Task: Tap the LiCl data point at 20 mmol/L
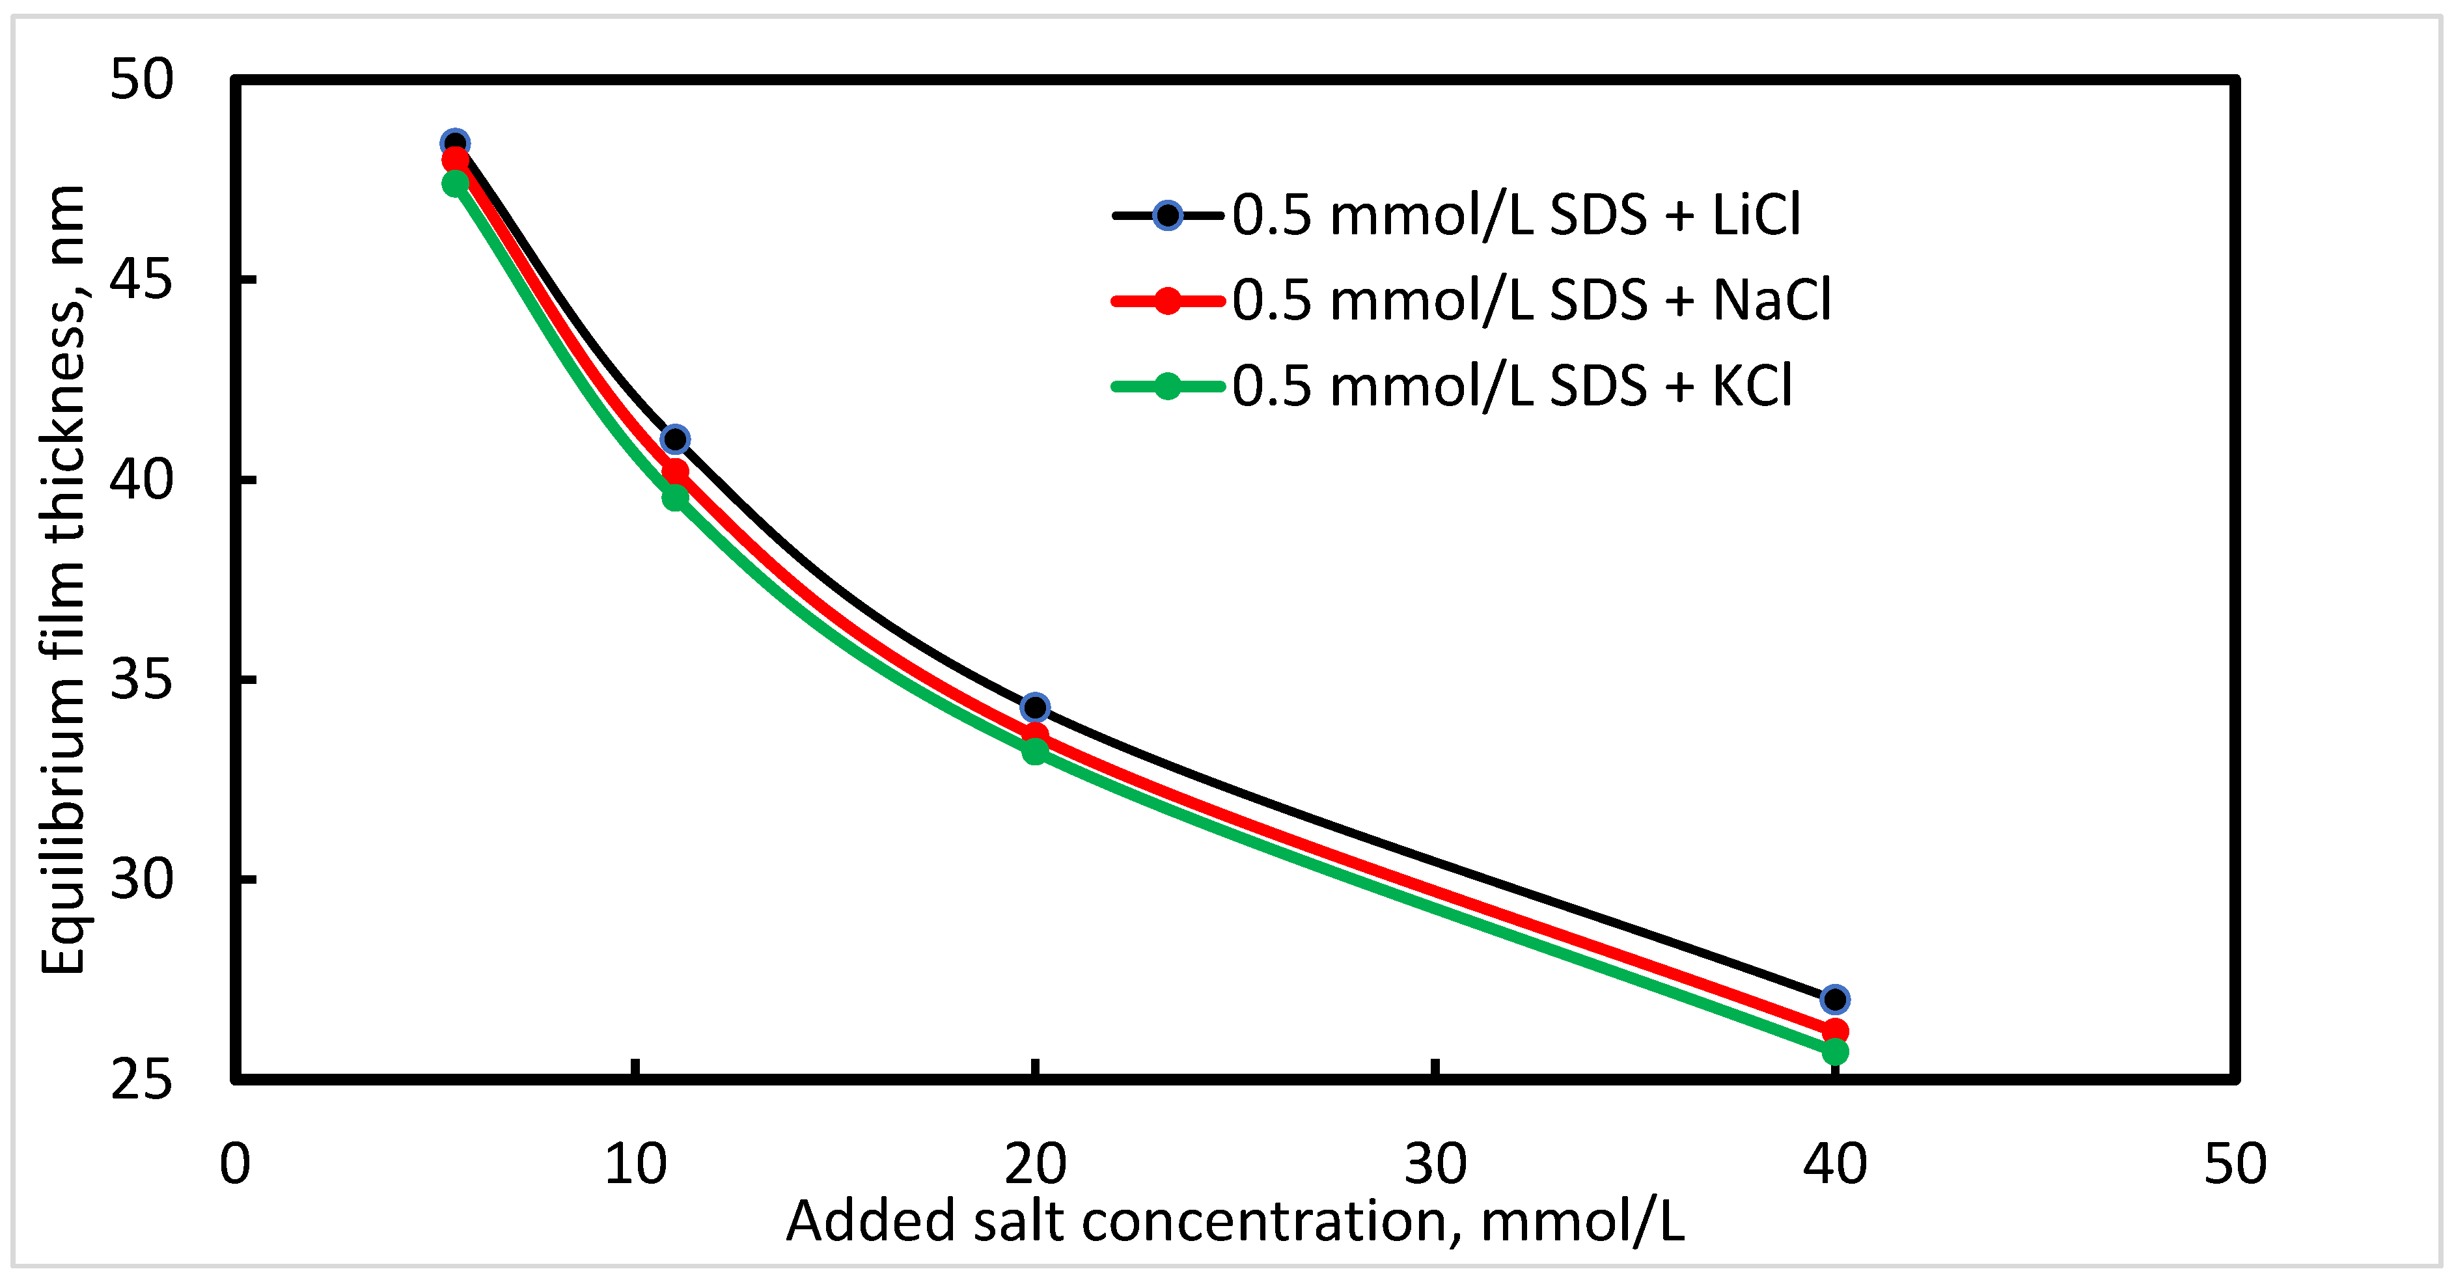pos(1034,707)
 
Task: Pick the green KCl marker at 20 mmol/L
pos(1034,752)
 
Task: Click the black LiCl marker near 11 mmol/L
pos(674,439)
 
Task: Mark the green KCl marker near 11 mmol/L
pos(674,497)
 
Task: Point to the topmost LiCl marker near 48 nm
pos(456,143)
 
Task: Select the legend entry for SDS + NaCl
pos(1530,301)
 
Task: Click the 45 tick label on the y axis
pos(141,280)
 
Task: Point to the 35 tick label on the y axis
pos(141,680)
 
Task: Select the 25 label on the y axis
pos(141,1080)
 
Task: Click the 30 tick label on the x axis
pos(1435,1164)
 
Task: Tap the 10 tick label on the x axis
pos(635,1164)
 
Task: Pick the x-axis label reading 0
pos(234,1164)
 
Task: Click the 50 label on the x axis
pos(2235,1164)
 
